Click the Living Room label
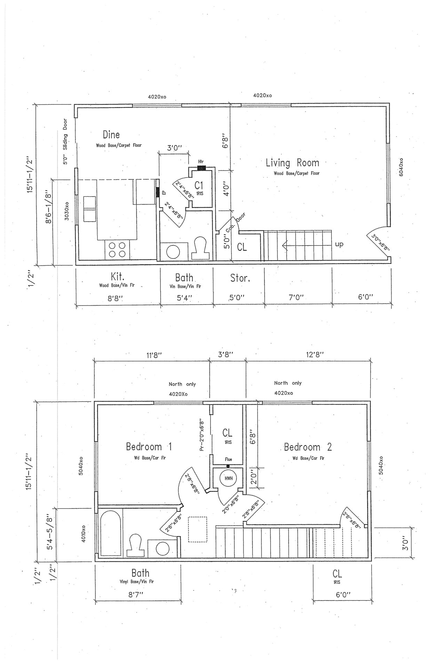(x=292, y=163)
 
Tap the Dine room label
(x=111, y=135)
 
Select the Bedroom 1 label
(x=149, y=447)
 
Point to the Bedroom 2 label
(x=307, y=447)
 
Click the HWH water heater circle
(x=228, y=478)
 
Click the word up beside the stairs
(x=339, y=244)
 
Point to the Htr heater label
(x=201, y=162)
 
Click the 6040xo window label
(x=401, y=168)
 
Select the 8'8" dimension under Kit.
(x=116, y=298)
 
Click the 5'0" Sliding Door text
(x=65, y=142)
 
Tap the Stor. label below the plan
(x=240, y=278)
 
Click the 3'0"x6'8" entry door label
(x=381, y=243)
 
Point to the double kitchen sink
(x=89, y=209)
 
